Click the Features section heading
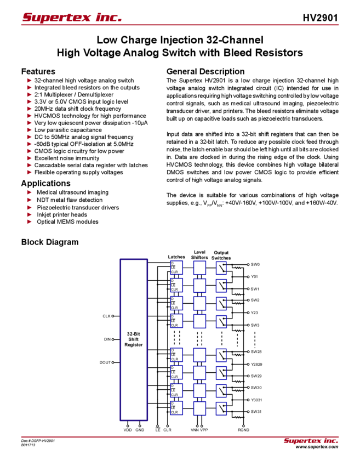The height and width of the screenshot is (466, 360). tap(41, 72)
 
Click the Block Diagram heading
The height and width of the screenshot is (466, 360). tap(51, 242)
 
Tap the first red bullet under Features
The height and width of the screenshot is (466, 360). tap(29, 80)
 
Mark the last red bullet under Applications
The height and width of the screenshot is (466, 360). tap(29, 223)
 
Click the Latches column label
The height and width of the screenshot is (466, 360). tap(175, 257)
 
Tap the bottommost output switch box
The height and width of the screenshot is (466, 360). tap(221, 408)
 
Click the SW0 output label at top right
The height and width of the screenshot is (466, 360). tap(255, 264)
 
